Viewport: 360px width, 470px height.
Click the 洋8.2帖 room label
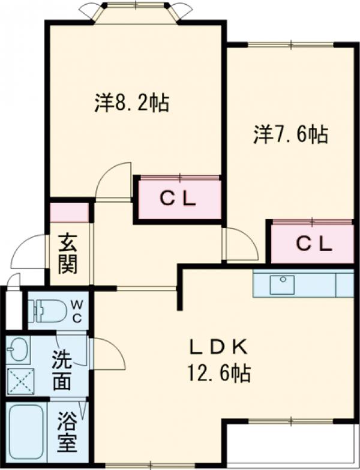click(x=131, y=103)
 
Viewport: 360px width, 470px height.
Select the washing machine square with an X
click(x=20, y=380)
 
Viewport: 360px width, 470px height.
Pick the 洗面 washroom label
click(x=62, y=370)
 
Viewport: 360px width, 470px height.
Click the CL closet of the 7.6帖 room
click(x=312, y=243)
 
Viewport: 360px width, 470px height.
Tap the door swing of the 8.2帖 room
click(x=115, y=180)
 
